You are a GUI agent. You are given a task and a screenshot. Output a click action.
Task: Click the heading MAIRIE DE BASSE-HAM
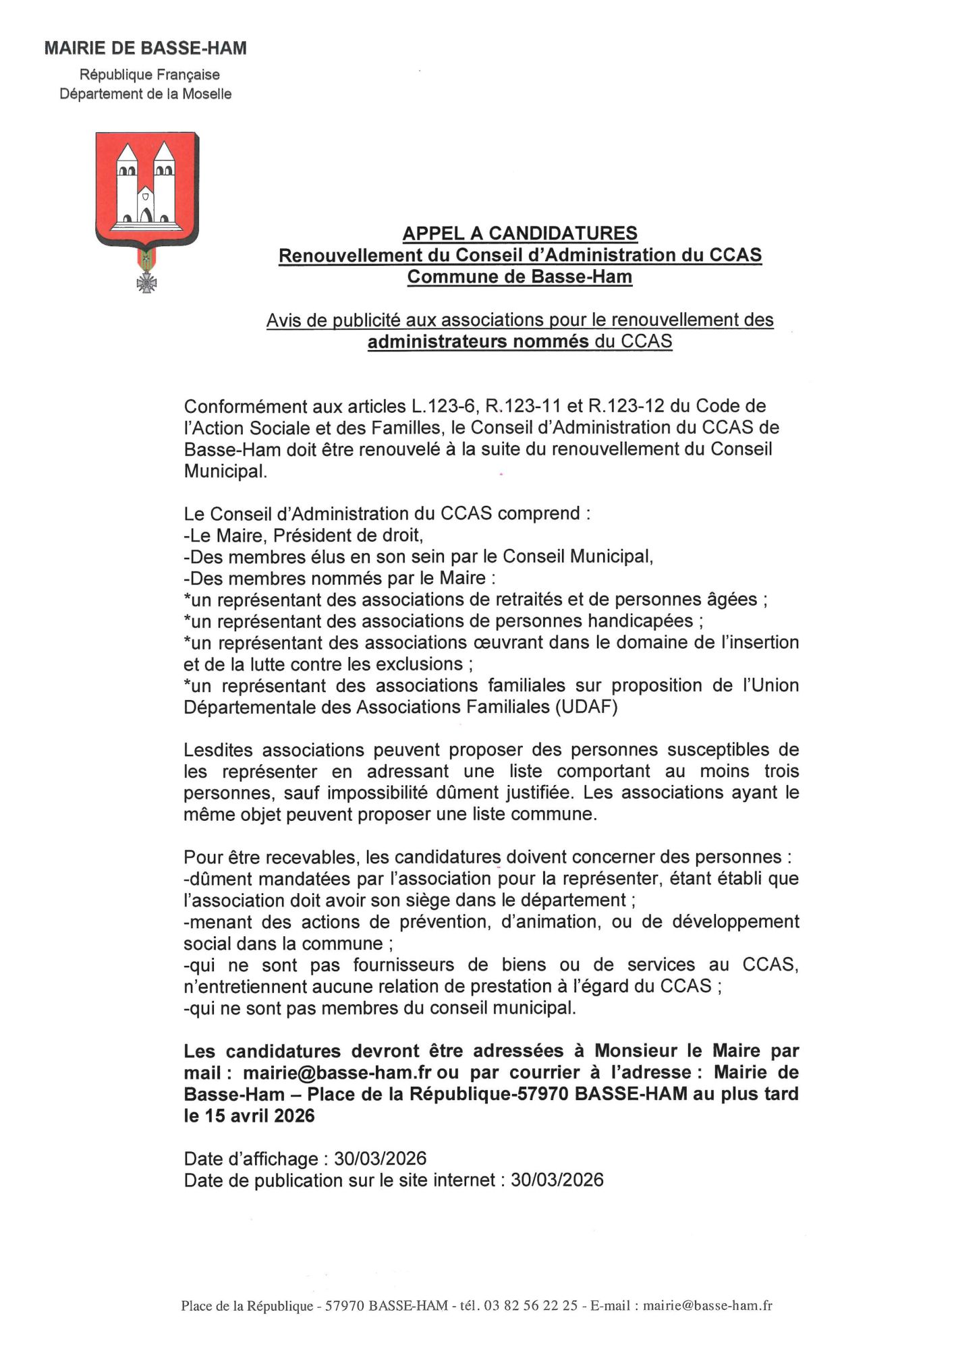pos(145,49)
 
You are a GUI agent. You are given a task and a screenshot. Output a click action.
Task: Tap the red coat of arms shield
pos(147,189)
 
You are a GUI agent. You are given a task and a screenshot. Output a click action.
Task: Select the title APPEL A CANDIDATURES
pos(520,233)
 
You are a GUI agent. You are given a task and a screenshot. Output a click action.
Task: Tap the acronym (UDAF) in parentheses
pos(586,707)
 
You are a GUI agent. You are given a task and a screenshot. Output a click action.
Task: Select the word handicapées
pos(640,621)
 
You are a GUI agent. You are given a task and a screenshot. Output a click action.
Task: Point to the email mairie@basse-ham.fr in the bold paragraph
pos(337,1072)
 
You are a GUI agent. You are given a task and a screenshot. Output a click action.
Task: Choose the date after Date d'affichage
pos(381,1159)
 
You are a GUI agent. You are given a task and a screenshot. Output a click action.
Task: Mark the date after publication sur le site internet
pos(557,1180)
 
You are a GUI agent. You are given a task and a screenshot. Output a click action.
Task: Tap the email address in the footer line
pos(707,1305)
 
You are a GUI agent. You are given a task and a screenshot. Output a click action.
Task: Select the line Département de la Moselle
pos(145,94)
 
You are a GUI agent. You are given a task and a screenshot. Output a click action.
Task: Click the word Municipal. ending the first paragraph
pos(225,471)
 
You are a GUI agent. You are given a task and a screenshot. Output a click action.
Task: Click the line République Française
pos(150,75)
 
